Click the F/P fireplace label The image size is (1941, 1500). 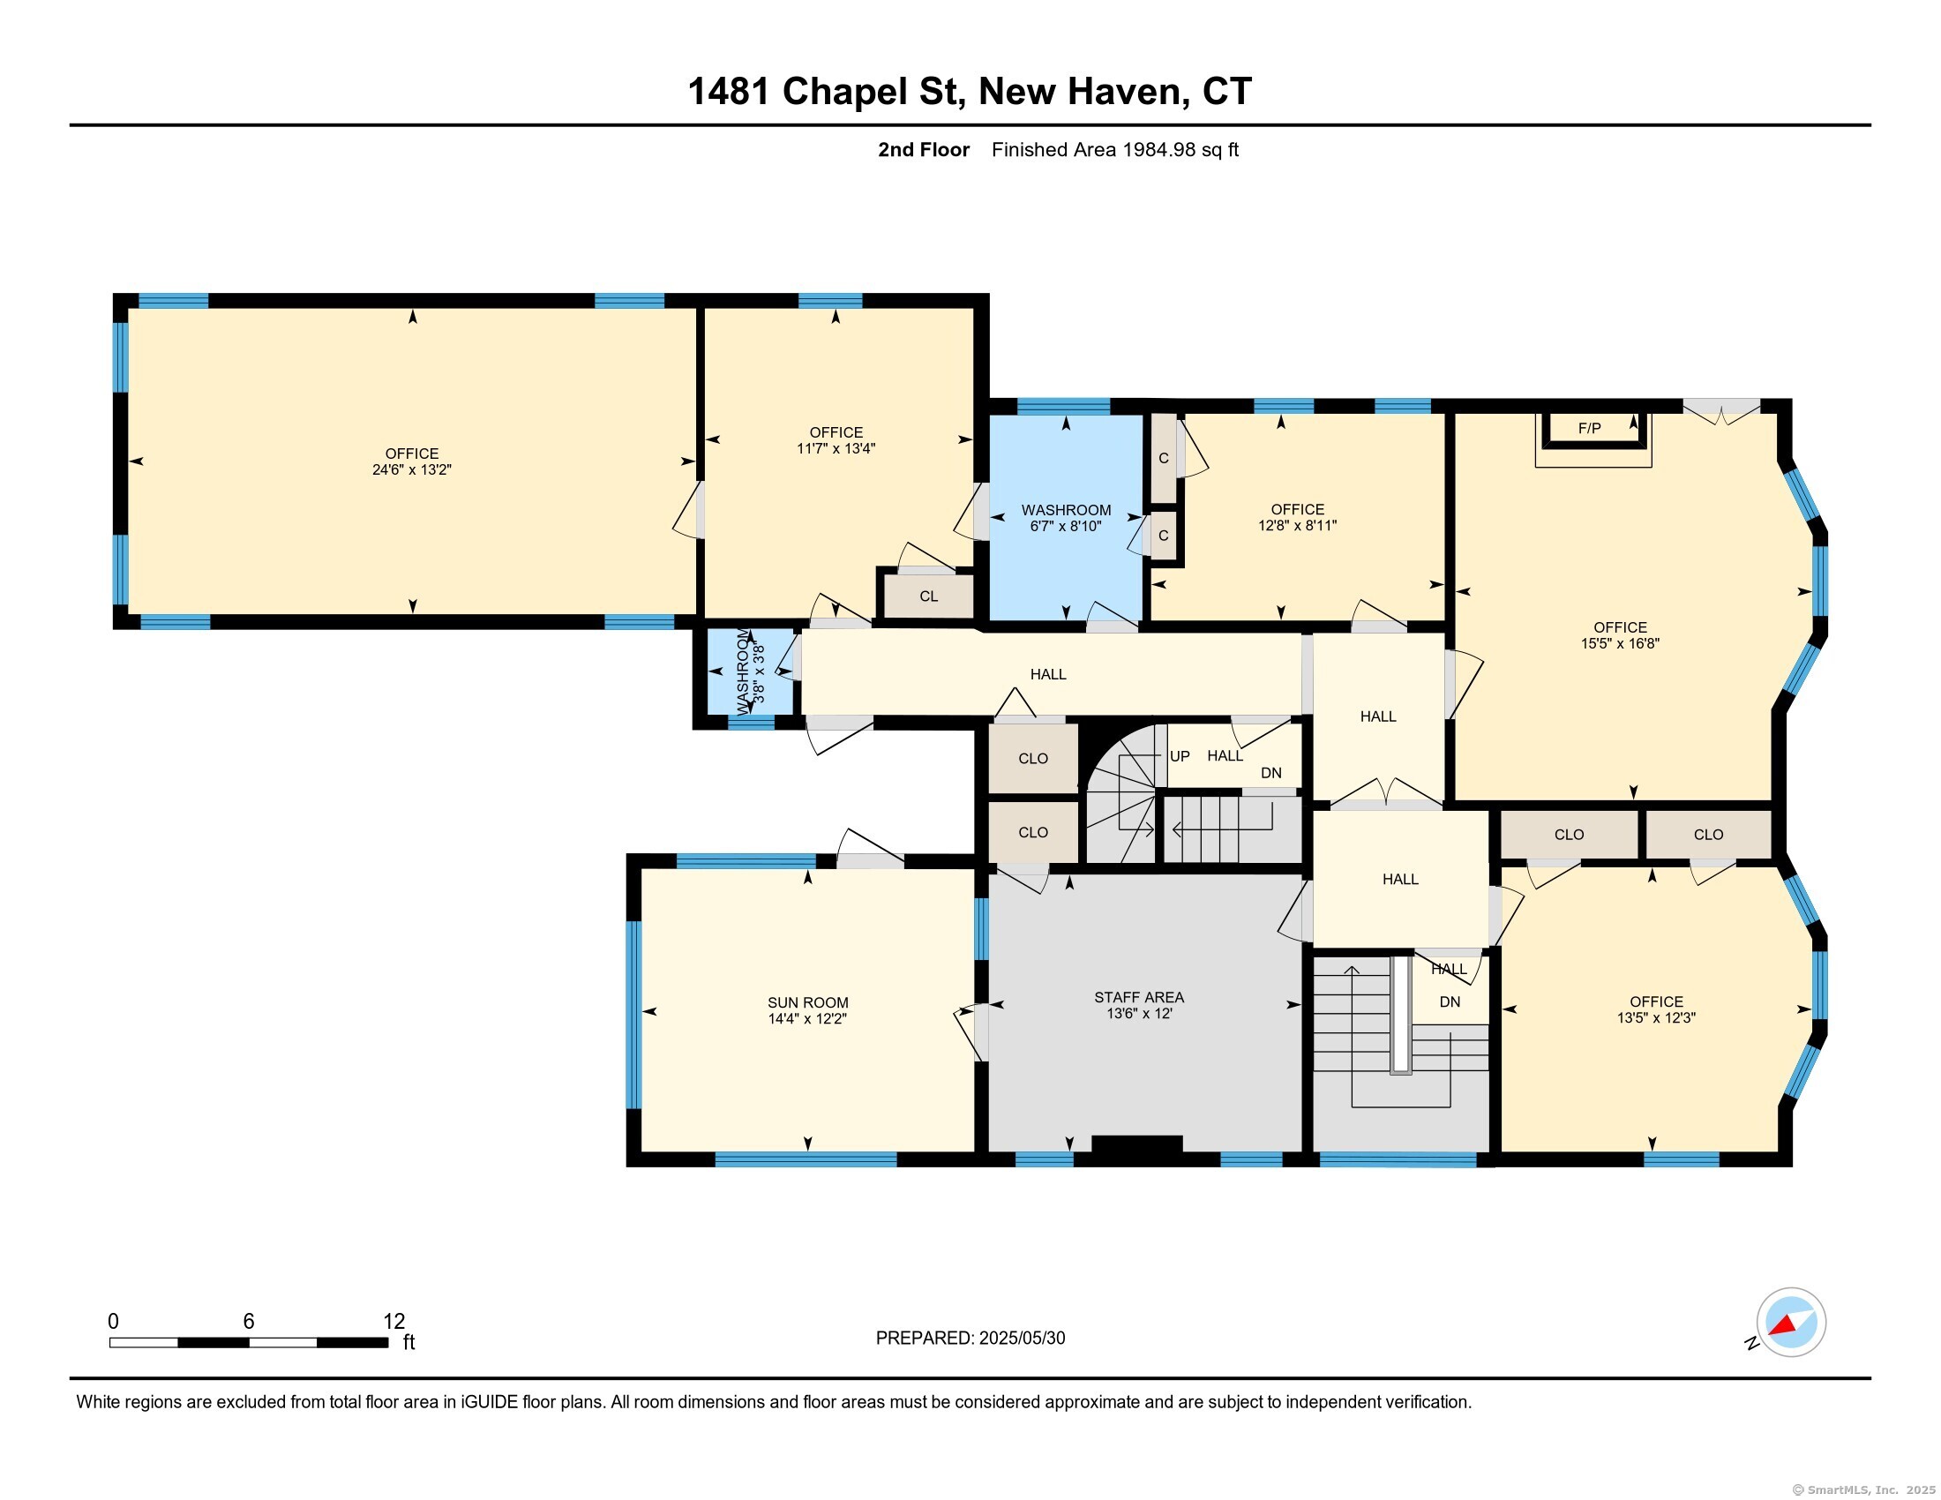coord(1589,428)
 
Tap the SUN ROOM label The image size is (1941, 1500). coord(808,1002)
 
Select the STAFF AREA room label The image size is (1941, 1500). coord(1138,997)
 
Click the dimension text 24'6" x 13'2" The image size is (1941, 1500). coord(411,469)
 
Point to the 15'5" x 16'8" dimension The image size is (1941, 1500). coord(1620,643)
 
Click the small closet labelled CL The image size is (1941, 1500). coord(929,596)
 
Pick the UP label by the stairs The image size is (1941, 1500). coord(1180,756)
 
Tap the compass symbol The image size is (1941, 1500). coord(1791,1322)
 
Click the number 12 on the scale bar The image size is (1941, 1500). coord(393,1322)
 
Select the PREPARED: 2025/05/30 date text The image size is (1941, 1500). coord(970,1339)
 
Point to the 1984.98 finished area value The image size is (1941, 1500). coord(1159,149)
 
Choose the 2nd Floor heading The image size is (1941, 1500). coord(924,149)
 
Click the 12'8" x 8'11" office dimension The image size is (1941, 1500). coord(1298,525)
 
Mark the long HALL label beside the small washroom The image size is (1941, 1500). coord(1048,674)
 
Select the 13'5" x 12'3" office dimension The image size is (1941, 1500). coord(1656,1018)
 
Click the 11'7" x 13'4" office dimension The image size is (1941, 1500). coord(836,449)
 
